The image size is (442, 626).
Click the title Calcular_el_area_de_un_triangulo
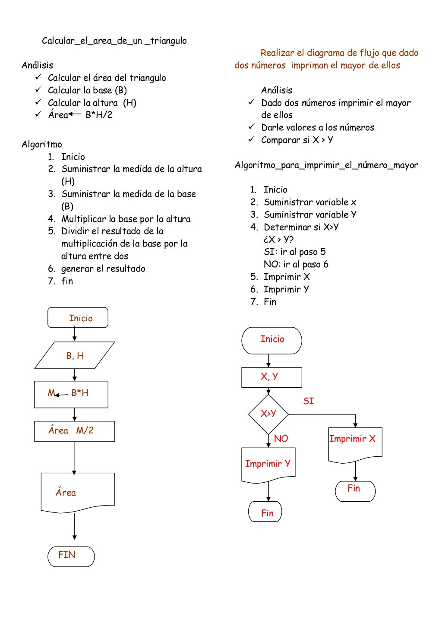(114, 41)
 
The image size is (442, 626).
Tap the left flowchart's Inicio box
(78, 318)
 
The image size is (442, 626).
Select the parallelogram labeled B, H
(75, 356)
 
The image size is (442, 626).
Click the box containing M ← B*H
(71, 394)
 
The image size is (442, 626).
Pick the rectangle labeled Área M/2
(74, 431)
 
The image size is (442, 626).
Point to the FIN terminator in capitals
(71, 556)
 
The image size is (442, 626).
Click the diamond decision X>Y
(268, 414)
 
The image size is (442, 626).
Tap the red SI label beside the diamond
(308, 402)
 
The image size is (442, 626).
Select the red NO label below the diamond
(281, 439)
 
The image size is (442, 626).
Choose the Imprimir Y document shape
(268, 464)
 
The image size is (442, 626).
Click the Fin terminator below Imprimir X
(355, 490)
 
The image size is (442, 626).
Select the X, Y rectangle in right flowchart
(272, 377)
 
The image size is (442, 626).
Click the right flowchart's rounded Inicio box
(272, 340)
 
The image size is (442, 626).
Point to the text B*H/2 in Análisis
(99, 115)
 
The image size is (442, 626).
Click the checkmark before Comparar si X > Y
(252, 139)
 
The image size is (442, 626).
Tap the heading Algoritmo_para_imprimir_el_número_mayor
(326, 165)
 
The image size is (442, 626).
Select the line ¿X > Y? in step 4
(278, 240)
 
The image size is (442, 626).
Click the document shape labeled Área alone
(78, 492)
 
